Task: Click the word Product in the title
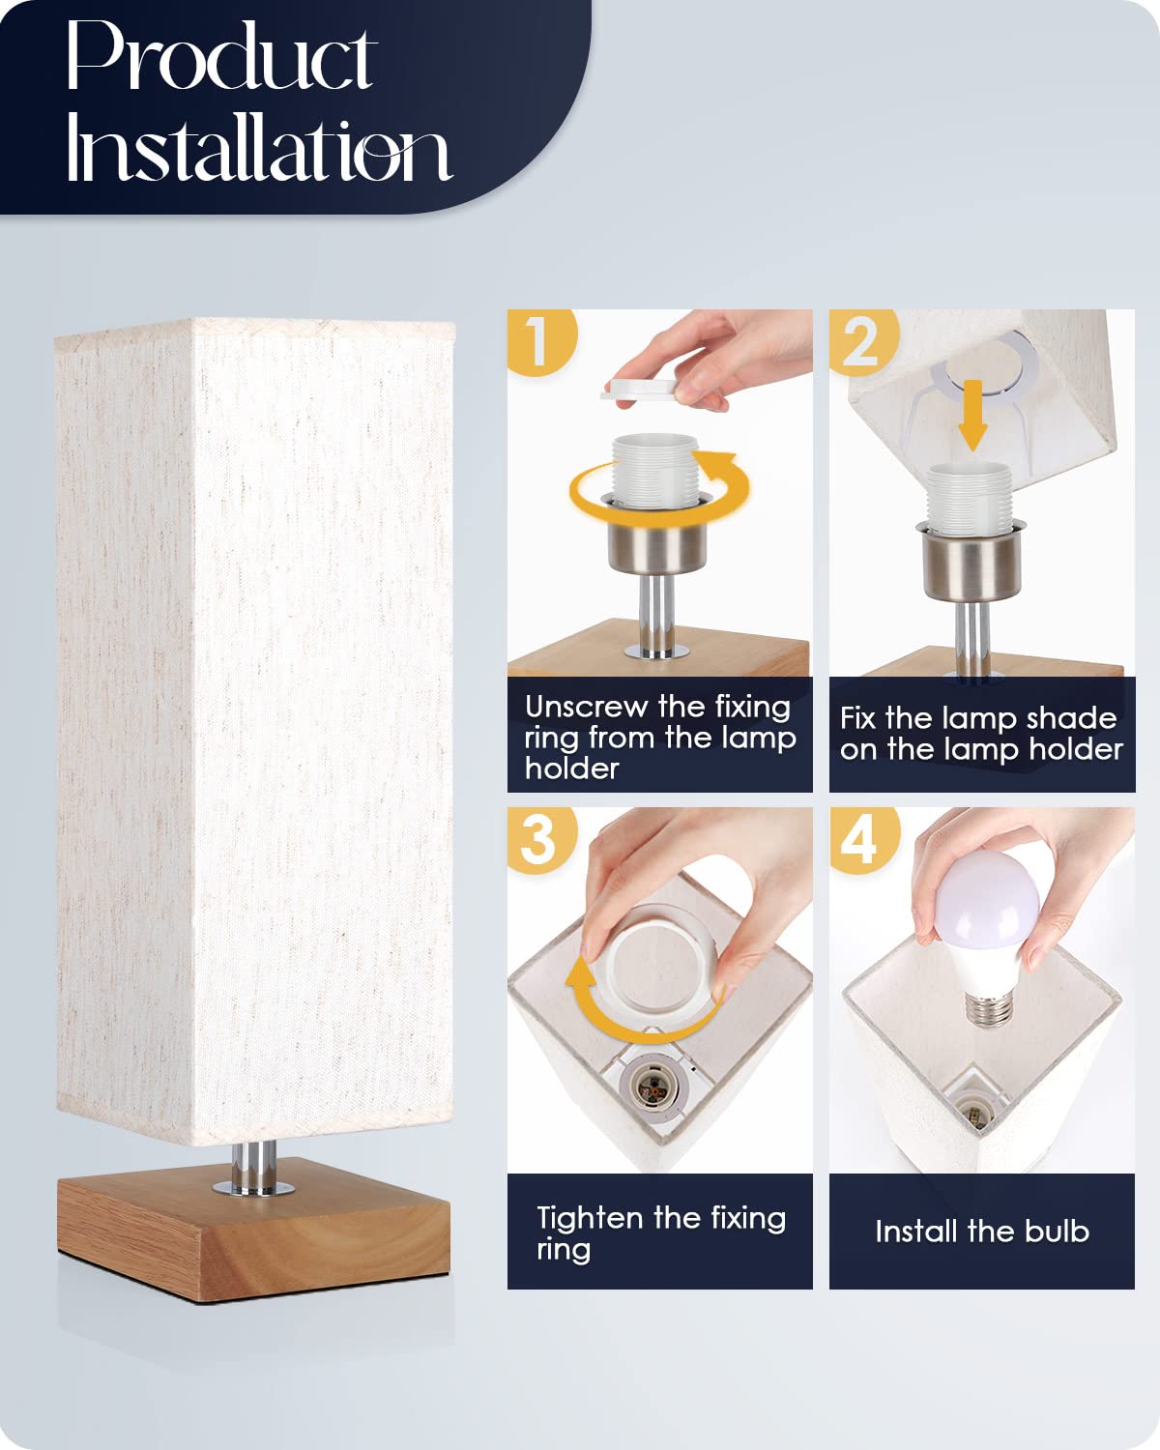pyautogui.click(x=220, y=58)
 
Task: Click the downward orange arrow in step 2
pyautogui.click(x=972, y=414)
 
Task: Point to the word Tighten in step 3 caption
pyautogui.click(x=590, y=1218)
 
